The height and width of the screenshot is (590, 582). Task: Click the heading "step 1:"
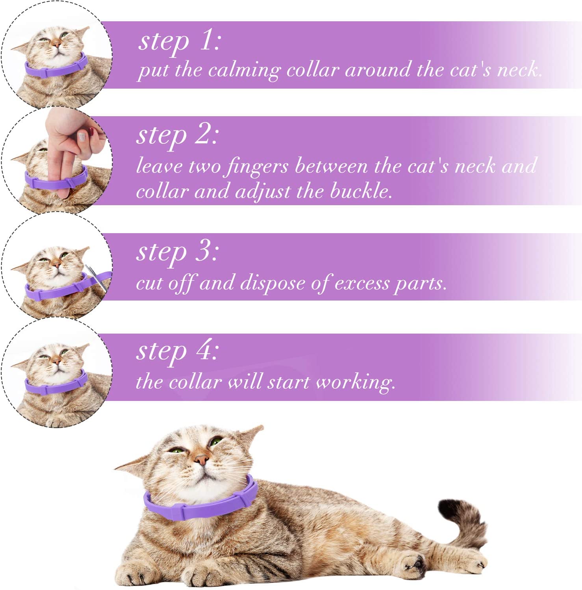click(x=179, y=41)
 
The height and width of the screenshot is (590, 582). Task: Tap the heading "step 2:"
click(x=177, y=135)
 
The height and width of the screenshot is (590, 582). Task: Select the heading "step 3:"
click(x=177, y=252)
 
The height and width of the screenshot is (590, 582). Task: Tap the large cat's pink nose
click(x=201, y=459)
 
